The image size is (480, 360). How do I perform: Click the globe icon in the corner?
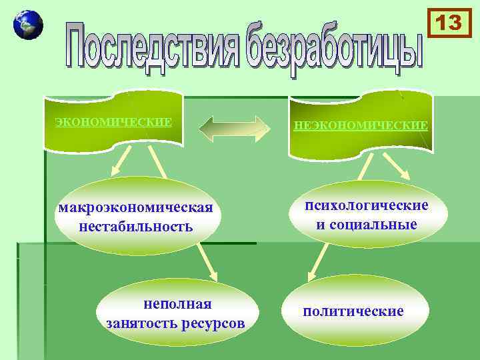[x=27, y=25]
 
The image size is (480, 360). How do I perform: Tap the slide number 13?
[x=449, y=23]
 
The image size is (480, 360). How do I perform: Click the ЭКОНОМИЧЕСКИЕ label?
[x=113, y=122]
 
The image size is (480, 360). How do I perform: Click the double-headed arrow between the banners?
[x=234, y=128]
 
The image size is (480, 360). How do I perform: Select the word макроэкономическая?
[x=136, y=207]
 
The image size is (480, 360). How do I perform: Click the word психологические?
[x=367, y=205]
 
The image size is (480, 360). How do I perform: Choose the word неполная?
[x=177, y=304]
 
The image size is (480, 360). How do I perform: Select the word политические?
[x=353, y=311]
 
